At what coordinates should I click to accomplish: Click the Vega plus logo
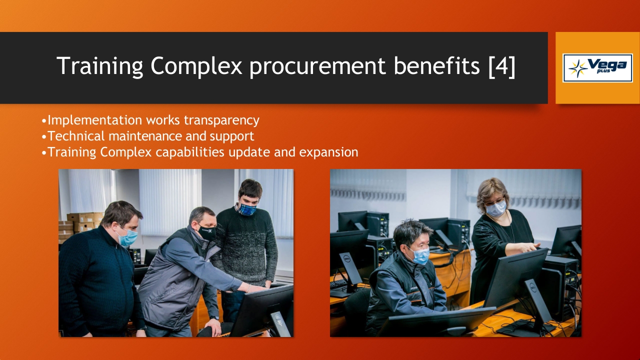tap(597, 68)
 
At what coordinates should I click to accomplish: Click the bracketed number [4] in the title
tap(502, 66)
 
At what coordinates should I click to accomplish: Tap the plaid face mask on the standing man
tap(247, 209)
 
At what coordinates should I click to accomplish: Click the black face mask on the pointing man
tap(206, 232)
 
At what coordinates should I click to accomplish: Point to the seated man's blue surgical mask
tap(420, 255)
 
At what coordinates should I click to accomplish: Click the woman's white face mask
tap(496, 208)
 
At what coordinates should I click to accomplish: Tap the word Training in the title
tap(99, 66)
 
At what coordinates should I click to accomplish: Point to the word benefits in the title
tap(437, 66)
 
